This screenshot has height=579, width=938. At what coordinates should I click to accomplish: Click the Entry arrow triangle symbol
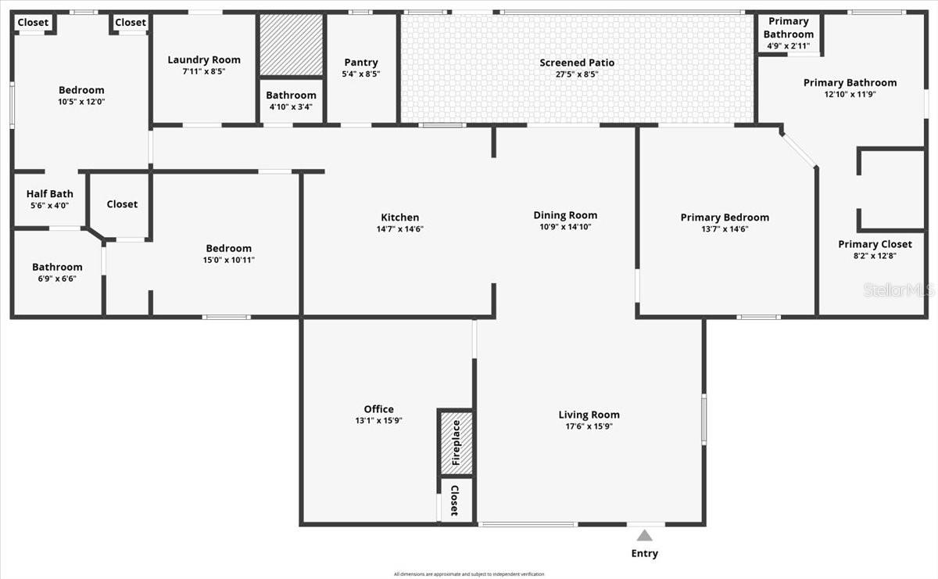coord(644,536)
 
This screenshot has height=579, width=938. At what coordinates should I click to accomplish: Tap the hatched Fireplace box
coord(455,442)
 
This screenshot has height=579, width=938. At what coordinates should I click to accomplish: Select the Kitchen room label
coord(399,218)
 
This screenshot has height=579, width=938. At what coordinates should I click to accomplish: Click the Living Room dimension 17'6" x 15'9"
coord(589,426)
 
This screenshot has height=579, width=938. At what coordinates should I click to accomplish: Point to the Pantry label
coord(360,63)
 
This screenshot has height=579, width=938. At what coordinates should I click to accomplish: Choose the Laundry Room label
coord(204,59)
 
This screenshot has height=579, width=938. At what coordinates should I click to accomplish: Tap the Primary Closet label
coord(875,244)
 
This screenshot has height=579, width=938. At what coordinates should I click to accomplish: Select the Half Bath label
coord(50,194)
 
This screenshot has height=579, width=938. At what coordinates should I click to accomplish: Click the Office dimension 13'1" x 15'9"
coord(378,420)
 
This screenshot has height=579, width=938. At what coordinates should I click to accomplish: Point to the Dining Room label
coord(565,215)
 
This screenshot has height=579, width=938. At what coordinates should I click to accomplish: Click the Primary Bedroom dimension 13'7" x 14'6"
coord(725,229)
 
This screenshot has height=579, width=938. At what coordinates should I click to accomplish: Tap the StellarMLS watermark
coord(899,290)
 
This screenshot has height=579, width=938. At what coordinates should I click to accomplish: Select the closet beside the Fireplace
coord(454,499)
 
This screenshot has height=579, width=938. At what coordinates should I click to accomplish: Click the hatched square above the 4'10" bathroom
coord(291,45)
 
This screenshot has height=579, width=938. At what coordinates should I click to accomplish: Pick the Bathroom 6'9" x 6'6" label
coord(57,267)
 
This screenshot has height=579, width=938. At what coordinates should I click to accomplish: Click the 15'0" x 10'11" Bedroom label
coord(228,249)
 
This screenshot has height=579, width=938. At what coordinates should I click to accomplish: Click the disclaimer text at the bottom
coord(469,574)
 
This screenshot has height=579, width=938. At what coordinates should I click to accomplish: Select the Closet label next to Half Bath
coord(122,204)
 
